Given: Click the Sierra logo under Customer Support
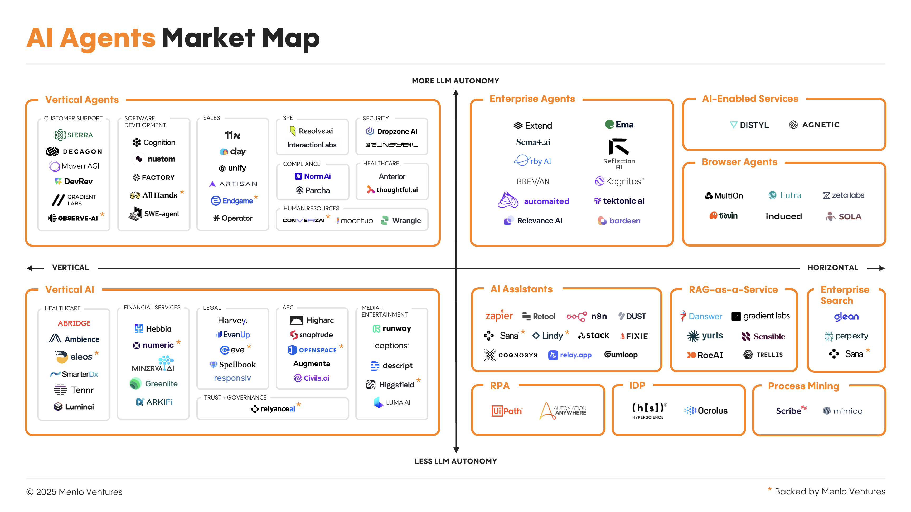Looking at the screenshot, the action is pos(74,135).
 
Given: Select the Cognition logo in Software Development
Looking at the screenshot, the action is pos(154,142).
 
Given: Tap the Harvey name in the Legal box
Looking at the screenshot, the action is pos(232,320).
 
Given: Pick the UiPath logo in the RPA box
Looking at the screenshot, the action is pos(506,411).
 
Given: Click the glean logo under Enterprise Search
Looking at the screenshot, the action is pos(846,317).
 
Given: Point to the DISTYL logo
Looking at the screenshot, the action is pos(749,125).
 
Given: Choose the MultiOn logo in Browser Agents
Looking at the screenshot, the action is pos(724,195).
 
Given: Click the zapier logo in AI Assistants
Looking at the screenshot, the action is pos(499,315).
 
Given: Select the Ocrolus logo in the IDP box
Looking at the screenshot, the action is pos(706,411).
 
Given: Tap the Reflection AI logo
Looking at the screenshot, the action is pos(619,153).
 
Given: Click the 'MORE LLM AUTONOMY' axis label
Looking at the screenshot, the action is pos(455,81).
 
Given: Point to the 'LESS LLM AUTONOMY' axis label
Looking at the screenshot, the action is pos(456,461).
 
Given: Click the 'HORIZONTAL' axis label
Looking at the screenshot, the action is pos(833,268).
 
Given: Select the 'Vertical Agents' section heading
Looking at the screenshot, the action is pos(82,100).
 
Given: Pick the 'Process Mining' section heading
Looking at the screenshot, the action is pos(803,386).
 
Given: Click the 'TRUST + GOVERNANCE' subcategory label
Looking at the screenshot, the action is pos(235,397).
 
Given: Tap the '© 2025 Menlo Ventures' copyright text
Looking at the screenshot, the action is pos(74,492).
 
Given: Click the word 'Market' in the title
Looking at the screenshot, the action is pos(208,38).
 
